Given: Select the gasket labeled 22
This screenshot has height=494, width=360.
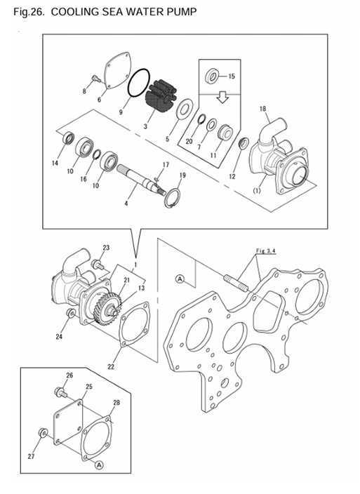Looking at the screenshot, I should tap(132, 326).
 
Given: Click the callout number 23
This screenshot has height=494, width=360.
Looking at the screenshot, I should tap(107, 248).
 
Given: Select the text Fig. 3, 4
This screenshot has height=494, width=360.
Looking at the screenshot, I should tap(263, 251).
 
